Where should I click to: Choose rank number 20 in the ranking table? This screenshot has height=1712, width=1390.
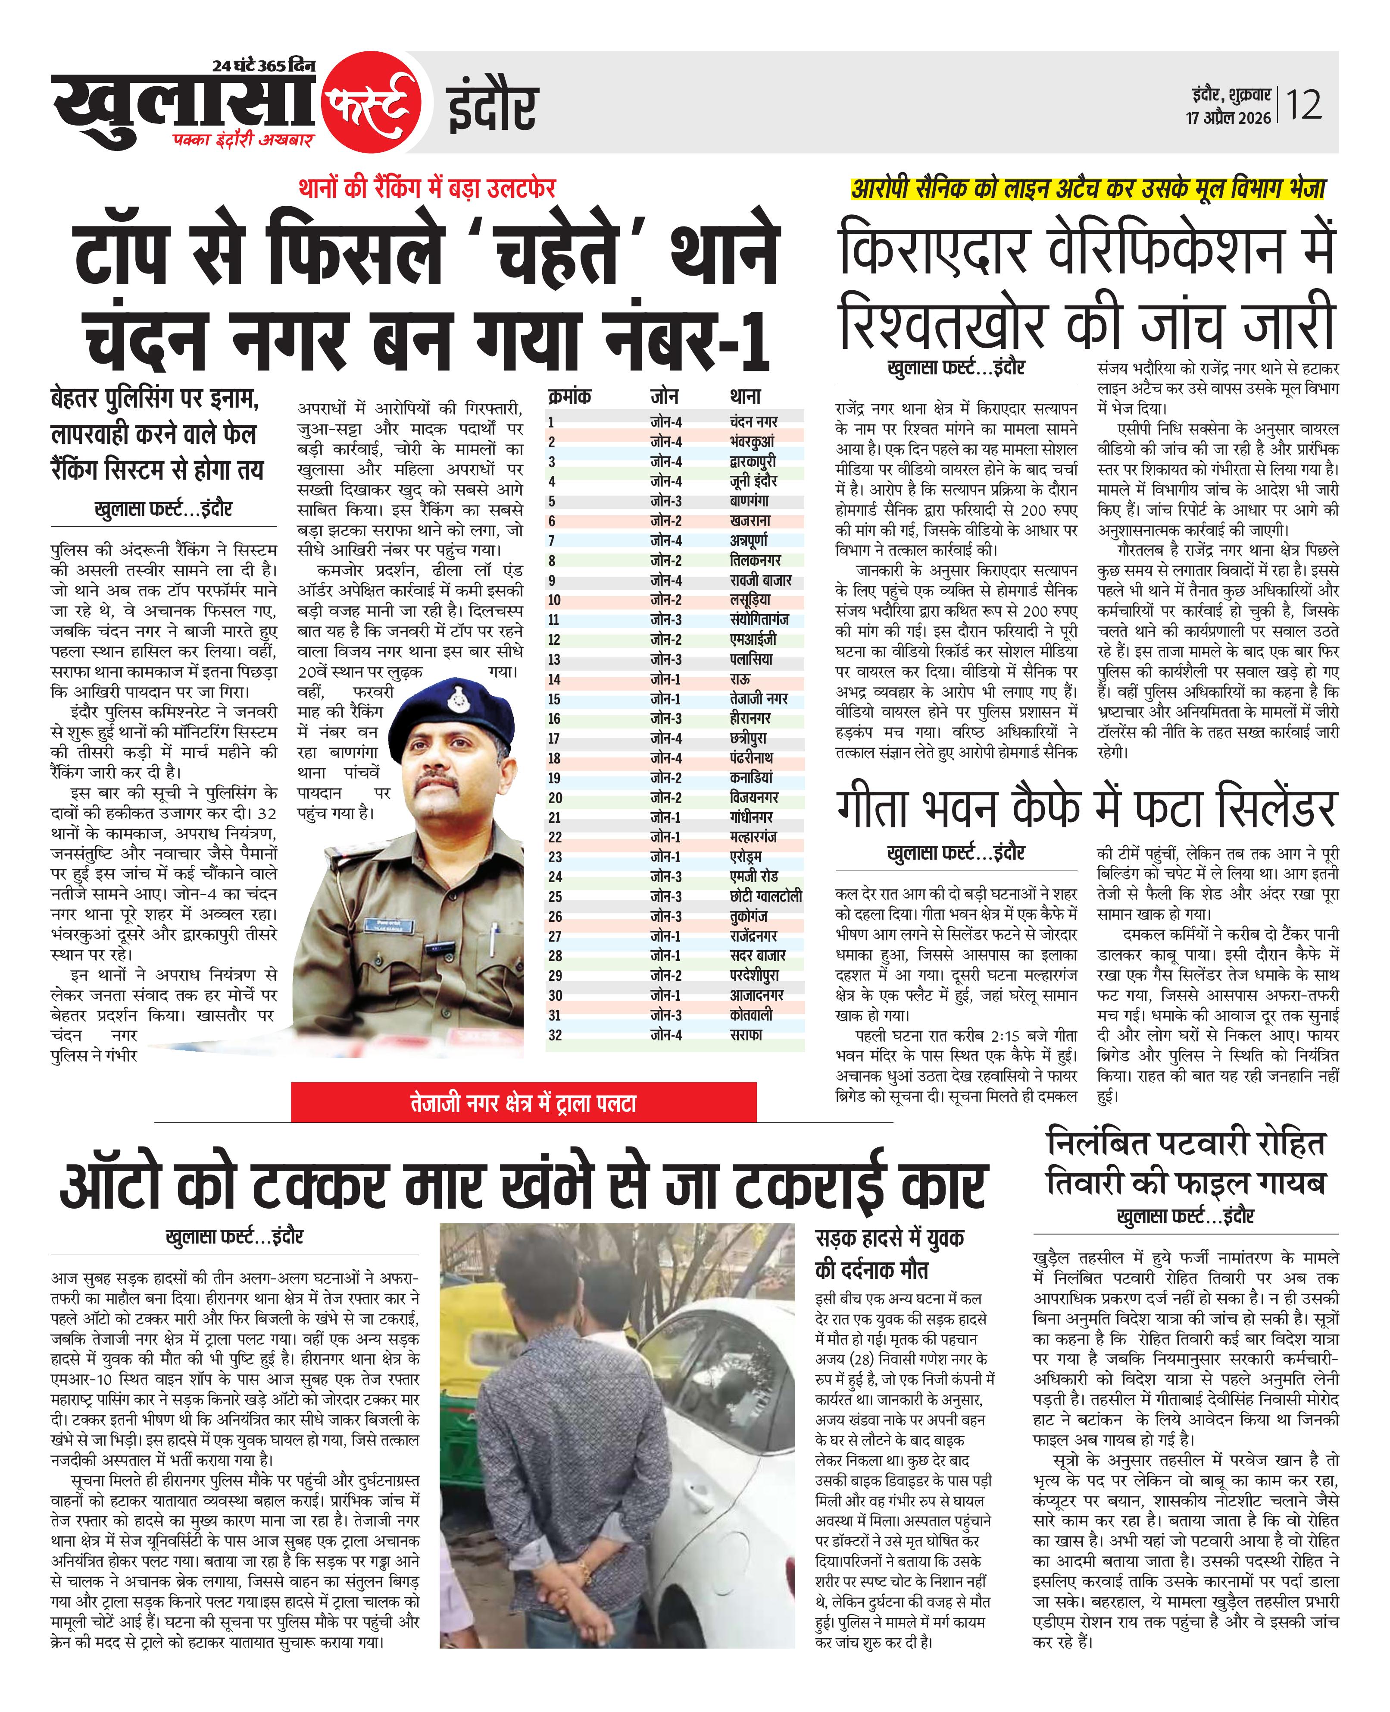tap(555, 798)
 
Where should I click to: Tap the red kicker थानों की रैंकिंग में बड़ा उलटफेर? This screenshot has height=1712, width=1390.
tap(427, 188)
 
